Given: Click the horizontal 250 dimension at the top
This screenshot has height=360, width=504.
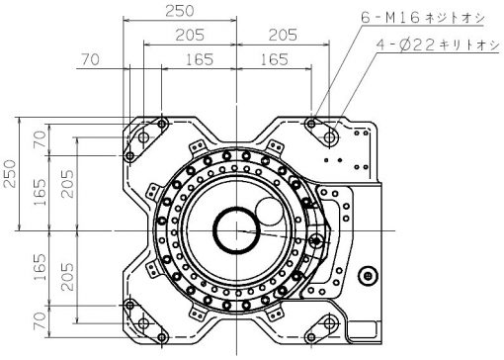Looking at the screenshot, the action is point(180,11).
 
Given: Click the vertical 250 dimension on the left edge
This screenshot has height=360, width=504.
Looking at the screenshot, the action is point(10,174).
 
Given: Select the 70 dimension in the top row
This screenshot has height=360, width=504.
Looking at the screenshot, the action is point(90,59).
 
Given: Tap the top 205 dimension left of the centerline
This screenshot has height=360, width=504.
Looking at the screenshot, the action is point(190,35).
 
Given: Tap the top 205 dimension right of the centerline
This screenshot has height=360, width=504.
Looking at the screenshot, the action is point(283,35).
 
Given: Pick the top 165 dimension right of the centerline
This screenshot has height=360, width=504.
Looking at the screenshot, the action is point(275,59).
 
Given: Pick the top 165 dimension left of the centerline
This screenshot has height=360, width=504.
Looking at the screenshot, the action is point(200,59).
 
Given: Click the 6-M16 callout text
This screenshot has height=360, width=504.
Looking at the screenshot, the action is point(423,17).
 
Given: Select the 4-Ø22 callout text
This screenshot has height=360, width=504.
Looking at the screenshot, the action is point(438,45).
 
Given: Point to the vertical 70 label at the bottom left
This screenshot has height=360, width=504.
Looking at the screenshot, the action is point(40,321).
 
